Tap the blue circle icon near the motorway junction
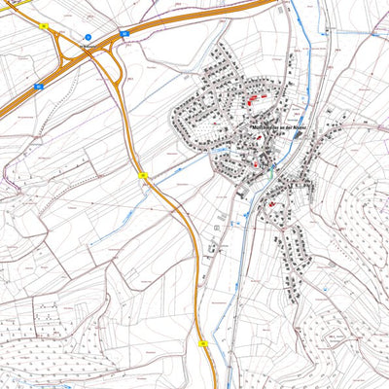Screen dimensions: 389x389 [x=87, y=37]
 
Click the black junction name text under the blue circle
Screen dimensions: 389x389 [x=89, y=45]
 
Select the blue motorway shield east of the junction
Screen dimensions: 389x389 [x=124, y=34]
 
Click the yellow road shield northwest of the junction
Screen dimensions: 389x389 [x=45, y=26]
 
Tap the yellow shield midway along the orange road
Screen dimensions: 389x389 [x=143, y=176]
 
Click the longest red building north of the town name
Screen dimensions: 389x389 [x=257, y=98]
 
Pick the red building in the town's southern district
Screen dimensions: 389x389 [x=270, y=204]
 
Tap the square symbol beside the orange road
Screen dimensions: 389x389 [x=217, y=227]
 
